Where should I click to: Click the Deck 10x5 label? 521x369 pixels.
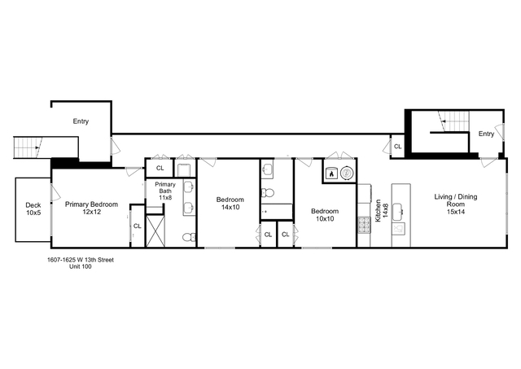(x=33, y=209)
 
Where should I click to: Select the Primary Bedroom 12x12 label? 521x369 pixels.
(x=92, y=209)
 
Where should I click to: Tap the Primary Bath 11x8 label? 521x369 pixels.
(x=165, y=191)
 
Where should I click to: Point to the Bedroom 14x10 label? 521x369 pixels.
(x=228, y=203)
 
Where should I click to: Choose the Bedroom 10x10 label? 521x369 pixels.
(x=325, y=215)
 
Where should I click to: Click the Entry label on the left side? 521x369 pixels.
(x=81, y=121)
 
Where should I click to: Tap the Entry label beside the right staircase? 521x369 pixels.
(x=486, y=134)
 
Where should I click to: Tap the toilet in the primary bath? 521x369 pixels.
(x=188, y=237)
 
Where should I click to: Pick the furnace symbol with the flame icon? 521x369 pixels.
(x=331, y=173)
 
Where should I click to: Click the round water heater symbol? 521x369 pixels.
(x=348, y=173)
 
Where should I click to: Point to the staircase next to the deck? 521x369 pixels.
(x=28, y=147)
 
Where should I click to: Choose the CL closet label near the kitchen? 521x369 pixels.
(x=397, y=147)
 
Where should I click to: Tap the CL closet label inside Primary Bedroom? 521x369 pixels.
(x=137, y=226)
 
